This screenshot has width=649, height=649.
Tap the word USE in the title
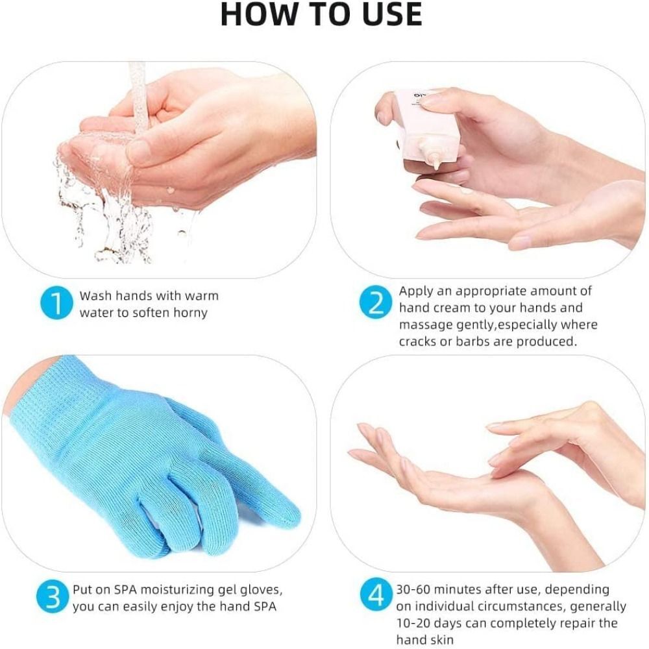coord(391,14)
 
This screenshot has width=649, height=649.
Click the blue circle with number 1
coord(56,303)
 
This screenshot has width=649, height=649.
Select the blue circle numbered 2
coord(376,302)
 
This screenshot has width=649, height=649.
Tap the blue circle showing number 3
coord(53,596)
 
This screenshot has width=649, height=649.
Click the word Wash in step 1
coord(95,295)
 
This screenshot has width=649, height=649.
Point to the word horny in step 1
coord(190,313)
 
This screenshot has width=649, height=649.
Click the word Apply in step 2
coord(416,291)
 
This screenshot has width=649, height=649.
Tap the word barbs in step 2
coord(473,341)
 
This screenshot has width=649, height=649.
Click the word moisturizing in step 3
coord(170,590)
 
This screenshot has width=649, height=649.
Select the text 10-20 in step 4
coord(414,623)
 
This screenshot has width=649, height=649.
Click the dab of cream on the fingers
coord(465,191)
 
